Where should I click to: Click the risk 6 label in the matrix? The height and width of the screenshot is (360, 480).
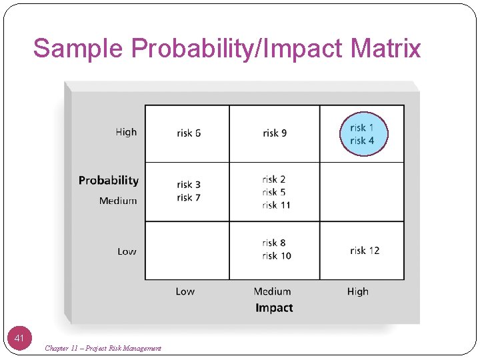[189, 133]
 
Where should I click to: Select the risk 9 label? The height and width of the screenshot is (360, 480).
[275, 133]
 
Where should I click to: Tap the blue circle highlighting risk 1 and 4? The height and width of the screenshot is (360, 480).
[363, 134]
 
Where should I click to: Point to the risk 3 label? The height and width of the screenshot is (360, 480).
[189, 185]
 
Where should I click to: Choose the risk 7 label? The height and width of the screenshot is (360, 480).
[189, 198]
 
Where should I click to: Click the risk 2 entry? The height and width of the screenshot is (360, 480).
[274, 179]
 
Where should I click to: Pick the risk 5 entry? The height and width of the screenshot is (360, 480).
[274, 192]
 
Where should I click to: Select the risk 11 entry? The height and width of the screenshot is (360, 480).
[276, 205]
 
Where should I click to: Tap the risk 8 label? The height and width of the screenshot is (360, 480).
[274, 243]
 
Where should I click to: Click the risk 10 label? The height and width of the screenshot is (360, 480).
[276, 256]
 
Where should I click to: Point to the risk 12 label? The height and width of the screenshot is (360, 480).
[365, 251]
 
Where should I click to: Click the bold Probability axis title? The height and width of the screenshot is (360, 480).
[109, 181]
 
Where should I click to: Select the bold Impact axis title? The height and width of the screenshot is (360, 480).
[274, 308]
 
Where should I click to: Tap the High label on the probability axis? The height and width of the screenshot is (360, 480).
[126, 132]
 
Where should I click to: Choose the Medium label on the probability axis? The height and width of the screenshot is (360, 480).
[118, 201]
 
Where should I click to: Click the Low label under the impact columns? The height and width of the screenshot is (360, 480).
[185, 291]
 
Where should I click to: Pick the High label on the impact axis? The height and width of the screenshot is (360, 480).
[358, 291]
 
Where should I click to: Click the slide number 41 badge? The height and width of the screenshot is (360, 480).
[19, 339]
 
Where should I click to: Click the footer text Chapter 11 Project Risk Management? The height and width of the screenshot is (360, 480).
[103, 349]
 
